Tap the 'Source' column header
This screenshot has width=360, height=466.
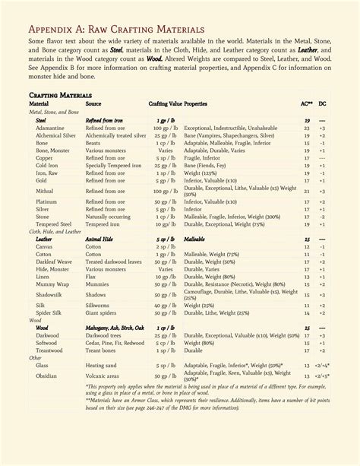[x=93, y=103]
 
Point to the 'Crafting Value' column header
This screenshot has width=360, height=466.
[x=165, y=103]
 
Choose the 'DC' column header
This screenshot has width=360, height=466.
[x=323, y=103]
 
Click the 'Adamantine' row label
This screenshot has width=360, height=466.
[x=50, y=128]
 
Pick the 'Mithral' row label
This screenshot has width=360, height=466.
[x=45, y=191]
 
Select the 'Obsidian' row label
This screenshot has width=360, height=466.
[x=47, y=376]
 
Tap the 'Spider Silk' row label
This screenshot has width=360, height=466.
[x=49, y=312]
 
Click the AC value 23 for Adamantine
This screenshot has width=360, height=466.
[x=307, y=128]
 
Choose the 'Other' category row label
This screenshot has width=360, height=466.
[x=36, y=357]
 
